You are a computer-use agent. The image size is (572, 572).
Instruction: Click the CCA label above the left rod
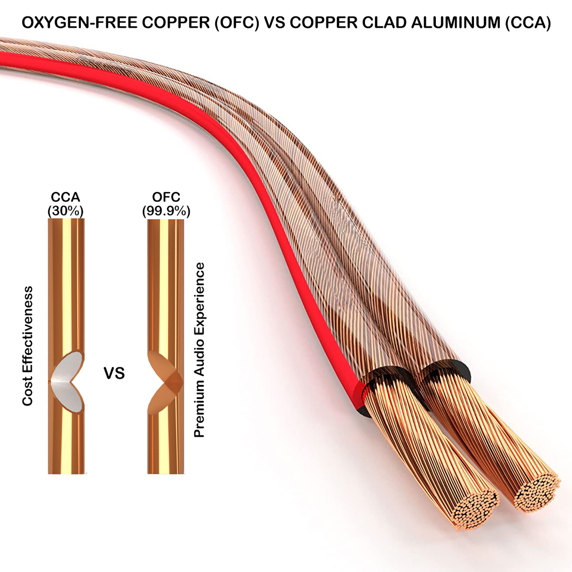(x=66, y=197)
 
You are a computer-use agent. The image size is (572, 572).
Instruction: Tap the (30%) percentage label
(x=66, y=211)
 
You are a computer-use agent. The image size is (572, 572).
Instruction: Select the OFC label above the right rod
(x=166, y=197)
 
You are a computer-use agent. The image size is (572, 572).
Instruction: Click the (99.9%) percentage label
(x=166, y=211)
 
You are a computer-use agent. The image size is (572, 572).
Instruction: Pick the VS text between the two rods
(x=114, y=373)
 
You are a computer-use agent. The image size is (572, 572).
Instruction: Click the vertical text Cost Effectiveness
(x=27, y=346)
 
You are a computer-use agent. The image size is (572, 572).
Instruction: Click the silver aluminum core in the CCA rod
(x=67, y=381)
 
